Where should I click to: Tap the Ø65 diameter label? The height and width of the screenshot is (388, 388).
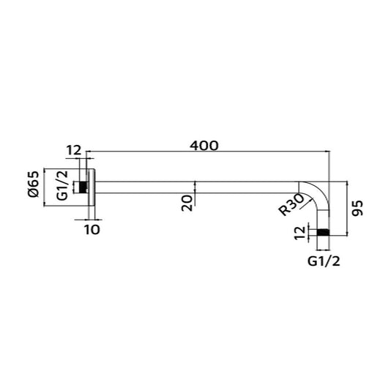click(32, 183)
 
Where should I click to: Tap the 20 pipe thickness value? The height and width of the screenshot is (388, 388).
click(186, 201)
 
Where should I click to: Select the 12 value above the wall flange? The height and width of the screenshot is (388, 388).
click(74, 151)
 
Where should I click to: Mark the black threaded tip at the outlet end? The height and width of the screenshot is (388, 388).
click(324, 233)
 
